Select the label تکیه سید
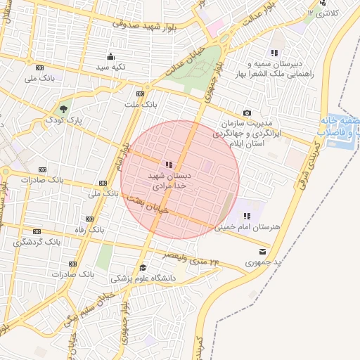tap(110, 67)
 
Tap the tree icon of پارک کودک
tap(64, 109)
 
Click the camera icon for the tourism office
tap(247, 113)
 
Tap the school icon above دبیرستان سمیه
tap(274, 53)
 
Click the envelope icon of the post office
tap(263, 251)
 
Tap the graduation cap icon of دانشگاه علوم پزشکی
tap(142, 267)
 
